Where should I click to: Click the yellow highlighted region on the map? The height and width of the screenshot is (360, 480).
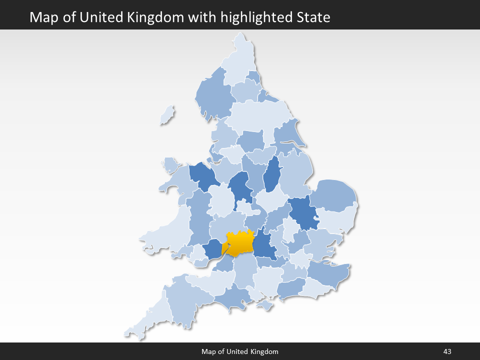click(x=239, y=243)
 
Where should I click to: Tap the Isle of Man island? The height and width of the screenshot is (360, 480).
click(x=167, y=115)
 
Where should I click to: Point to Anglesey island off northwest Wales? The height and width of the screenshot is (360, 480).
click(x=170, y=164)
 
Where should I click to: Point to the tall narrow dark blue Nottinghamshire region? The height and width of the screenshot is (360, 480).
click(x=272, y=175)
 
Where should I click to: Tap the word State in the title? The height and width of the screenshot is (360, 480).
click(x=312, y=17)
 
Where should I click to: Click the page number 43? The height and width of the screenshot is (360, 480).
click(x=447, y=352)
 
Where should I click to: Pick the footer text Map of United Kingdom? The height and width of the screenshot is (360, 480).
click(x=240, y=352)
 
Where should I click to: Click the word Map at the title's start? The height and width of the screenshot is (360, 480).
click(x=42, y=17)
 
